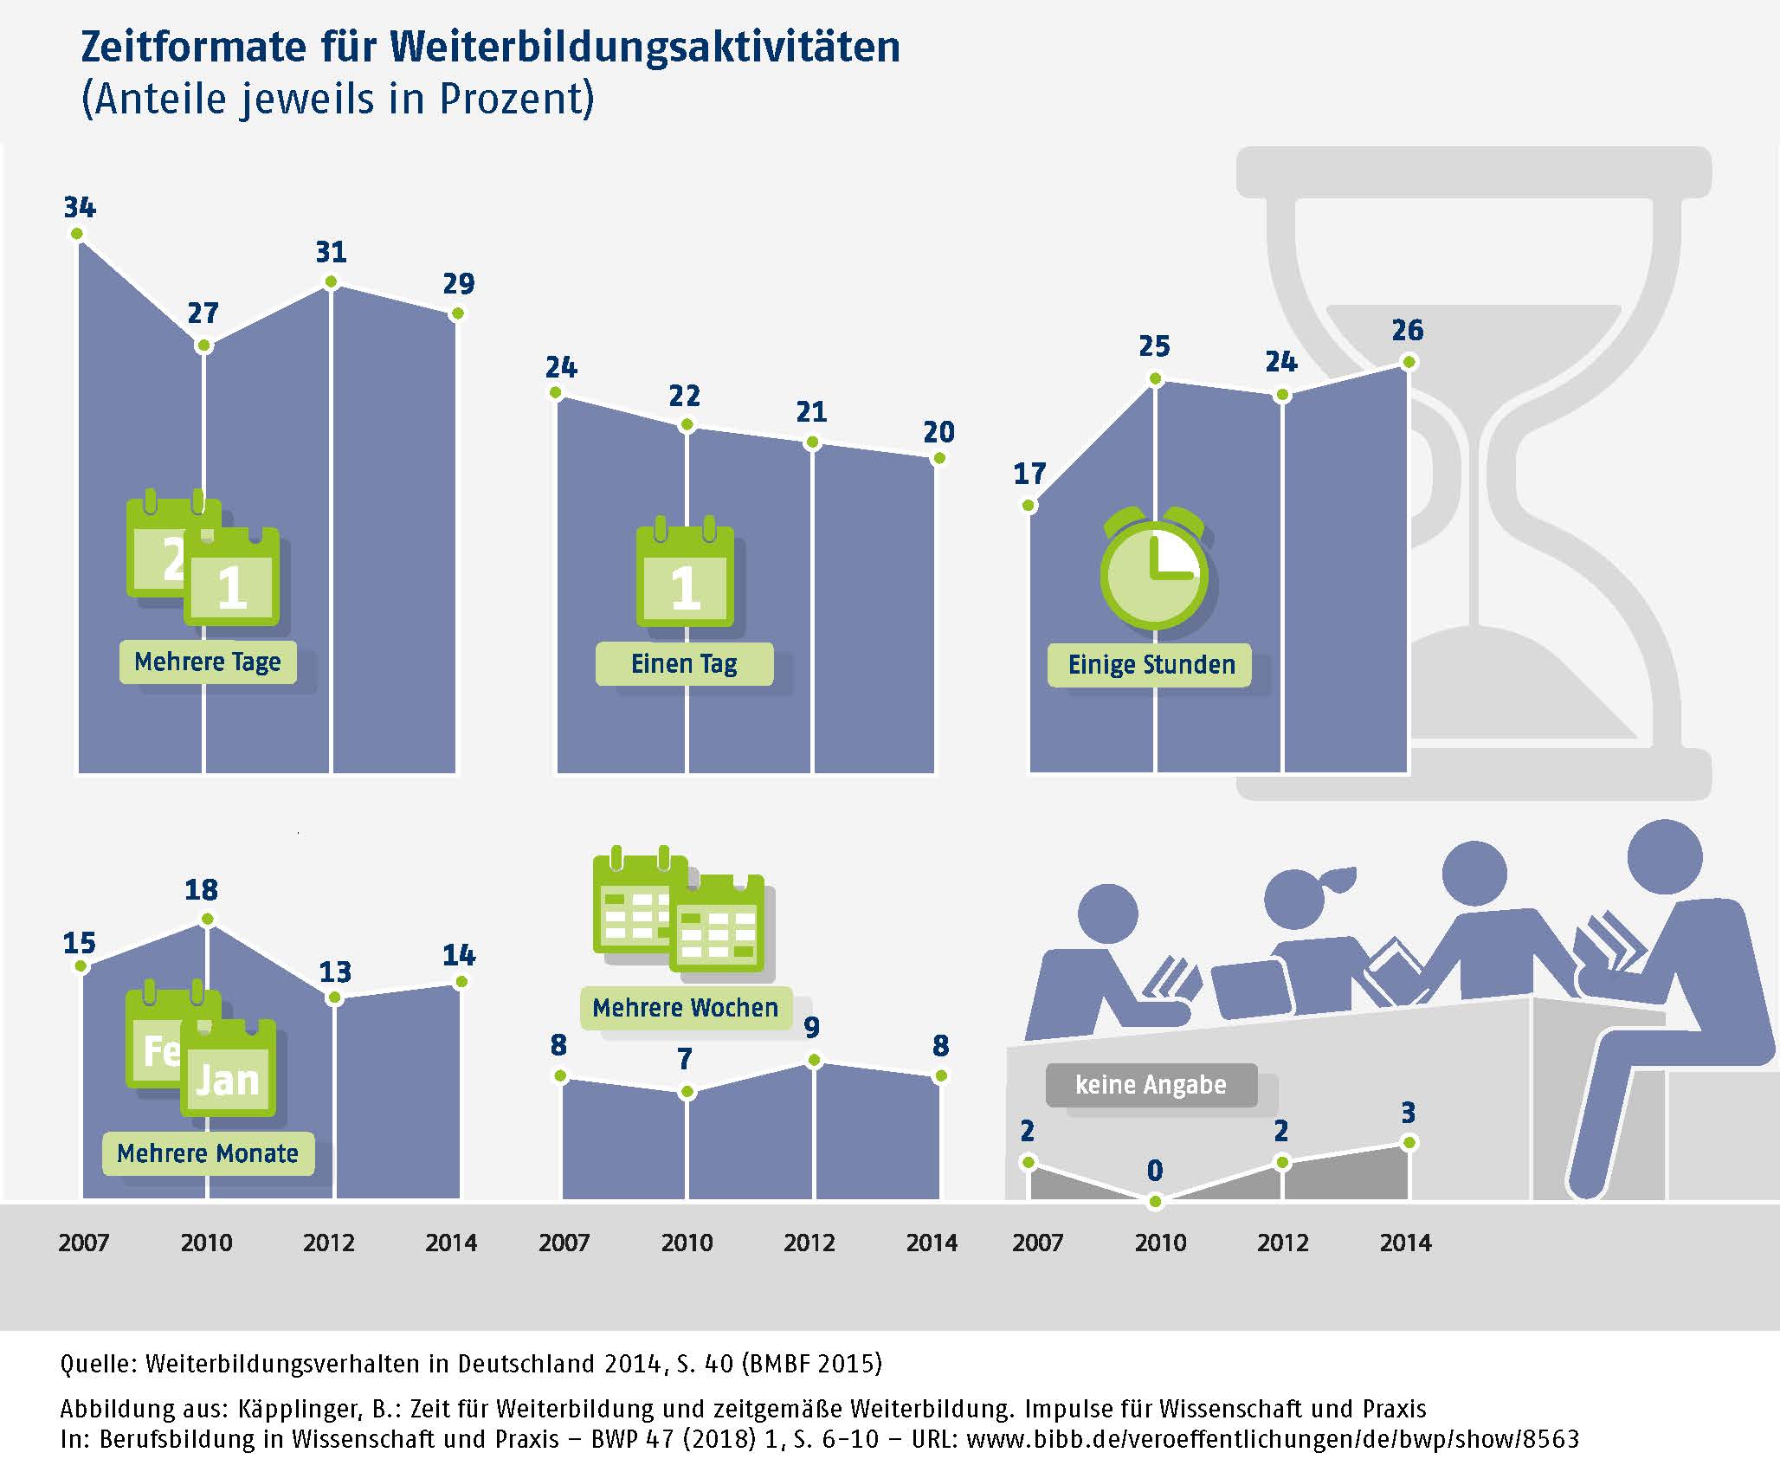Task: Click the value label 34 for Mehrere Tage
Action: click(x=80, y=208)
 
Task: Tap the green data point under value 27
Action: click(x=203, y=346)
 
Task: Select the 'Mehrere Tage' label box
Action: click(x=208, y=662)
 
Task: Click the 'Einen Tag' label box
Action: click(x=684, y=664)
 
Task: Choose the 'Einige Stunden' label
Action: click(x=1151, y=665)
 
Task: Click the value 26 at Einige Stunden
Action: click(x=1407, y=330)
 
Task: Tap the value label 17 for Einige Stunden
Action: click(x=1029, y=474)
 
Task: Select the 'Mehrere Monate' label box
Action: click(x=208, y=1153)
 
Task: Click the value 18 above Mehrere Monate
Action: click(x=201, y=890)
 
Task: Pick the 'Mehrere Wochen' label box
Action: click(x=685, y=1008)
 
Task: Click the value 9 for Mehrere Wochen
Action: click(x=811, y=1028)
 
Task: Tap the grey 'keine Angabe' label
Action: click(x=1151, y=1085)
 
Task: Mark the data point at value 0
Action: click(x=1155, y=1202)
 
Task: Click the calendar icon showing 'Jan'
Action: click(x=229, y=1070)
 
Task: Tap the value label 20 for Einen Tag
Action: click(x=938, y=432)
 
